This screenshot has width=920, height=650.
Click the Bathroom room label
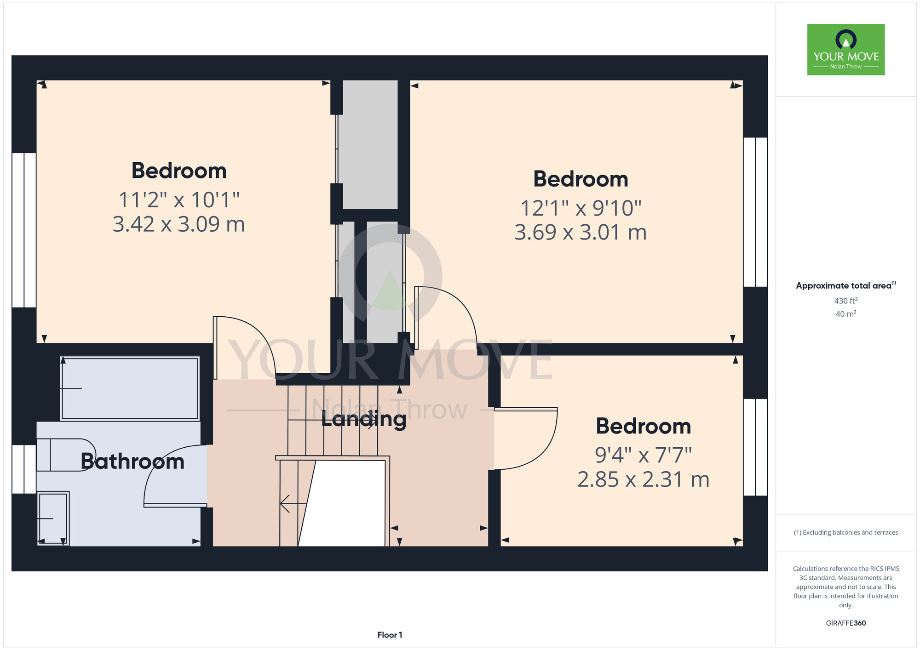tap(132, 462)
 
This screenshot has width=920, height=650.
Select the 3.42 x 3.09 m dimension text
tap(178, 224)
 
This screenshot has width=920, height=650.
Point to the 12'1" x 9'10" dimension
tap(581, 208)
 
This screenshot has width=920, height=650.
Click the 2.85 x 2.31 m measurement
tap(643, 480)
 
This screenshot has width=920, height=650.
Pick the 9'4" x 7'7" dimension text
tap(643, 456)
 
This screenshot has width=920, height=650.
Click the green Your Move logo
tap(846, 50)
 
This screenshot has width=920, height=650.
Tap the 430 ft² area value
tap(846, 301)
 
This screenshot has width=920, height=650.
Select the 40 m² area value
tap(846, 314)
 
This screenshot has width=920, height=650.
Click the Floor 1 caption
tap(390, 635)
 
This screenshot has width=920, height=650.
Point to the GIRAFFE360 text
tap(846, 623)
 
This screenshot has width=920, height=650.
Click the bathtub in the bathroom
tap(130, 388)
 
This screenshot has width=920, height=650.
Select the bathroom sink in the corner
tap(53, 519)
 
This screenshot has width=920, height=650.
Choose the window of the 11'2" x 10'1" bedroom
tap(24, 230)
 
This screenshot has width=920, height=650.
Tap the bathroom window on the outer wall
tap(24, 469)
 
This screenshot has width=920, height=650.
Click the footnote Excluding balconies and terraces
tap(846, 533)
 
